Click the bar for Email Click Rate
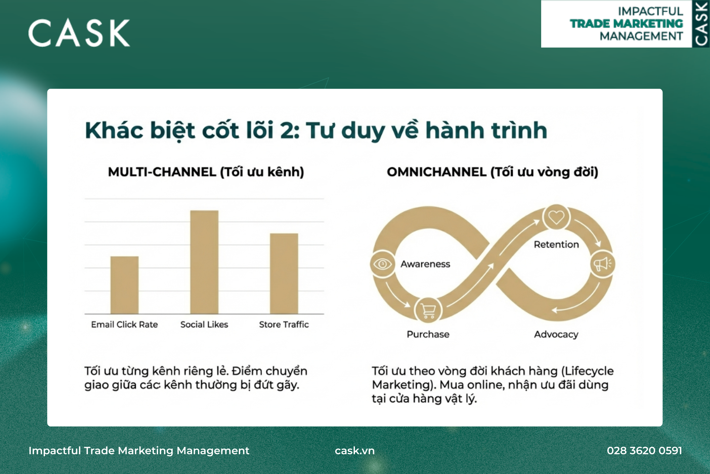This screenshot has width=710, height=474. click(x=124, y=285)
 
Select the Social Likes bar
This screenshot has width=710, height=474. click(x=204, y=262)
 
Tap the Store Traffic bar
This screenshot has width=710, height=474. click(x=284, y=273)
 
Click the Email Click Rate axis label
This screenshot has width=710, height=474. click(x=124, y=324)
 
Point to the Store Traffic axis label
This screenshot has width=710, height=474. click(x=284, y=324)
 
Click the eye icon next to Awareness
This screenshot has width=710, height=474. click(x=382, y=264)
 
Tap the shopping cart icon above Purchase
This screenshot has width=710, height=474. click(x=428, y=310)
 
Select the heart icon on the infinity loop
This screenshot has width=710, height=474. click(x=556, y=217)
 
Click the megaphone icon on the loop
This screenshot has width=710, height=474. click(x=603, y=264)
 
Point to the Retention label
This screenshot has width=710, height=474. click(x=556, y=245)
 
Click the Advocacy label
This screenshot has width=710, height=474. click(x=556, y=335)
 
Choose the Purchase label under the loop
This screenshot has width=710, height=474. click(x=428, y=335)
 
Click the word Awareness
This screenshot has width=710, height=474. click(x=425, y=264)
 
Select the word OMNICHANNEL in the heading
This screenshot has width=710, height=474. click(x=437, y=172)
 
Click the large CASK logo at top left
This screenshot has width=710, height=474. click(x=79, y=33)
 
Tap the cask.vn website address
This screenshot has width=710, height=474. click(x=355, y=450)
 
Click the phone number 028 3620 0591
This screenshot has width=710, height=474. click(x=644, y=450)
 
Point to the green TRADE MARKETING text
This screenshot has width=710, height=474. click(x=626, y=24)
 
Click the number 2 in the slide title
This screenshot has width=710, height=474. click(x=287, y=130)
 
